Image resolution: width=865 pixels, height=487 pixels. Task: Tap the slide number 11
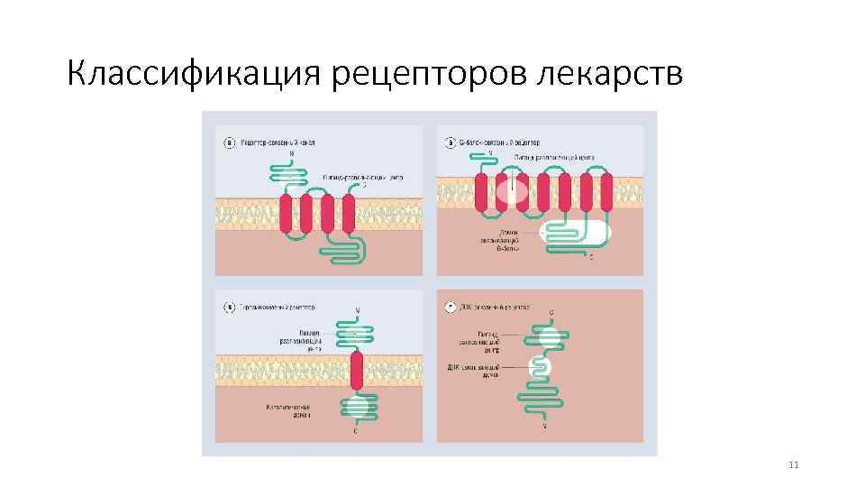(x=794, y=464)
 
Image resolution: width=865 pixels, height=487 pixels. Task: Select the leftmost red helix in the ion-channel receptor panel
(x=287, y=214)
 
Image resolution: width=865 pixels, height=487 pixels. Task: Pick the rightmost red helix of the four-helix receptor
(x=348, y=214)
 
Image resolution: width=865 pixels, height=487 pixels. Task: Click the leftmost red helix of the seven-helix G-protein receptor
(x=480, y=192)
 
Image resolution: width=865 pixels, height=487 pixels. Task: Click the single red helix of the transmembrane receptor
(x=357, y=371)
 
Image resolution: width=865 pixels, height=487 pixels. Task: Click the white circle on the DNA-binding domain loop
(x=542, y=368)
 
